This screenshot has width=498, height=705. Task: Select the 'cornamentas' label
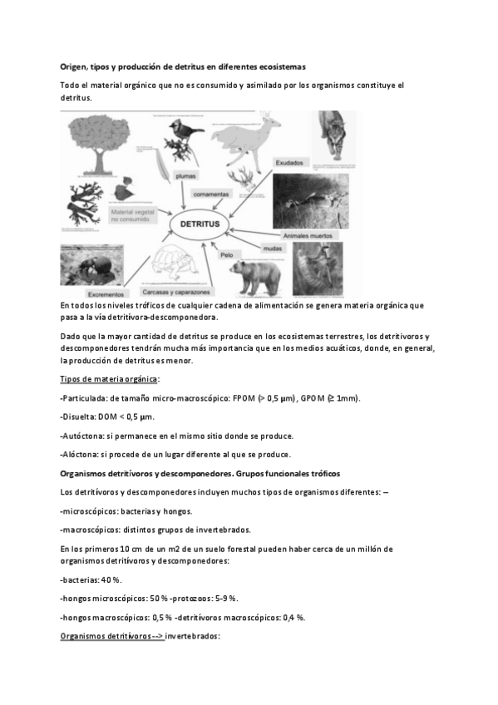point(209,195)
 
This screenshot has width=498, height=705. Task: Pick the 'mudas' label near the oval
point(273,249)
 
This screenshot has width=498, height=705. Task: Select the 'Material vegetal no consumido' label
point(133,216)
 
